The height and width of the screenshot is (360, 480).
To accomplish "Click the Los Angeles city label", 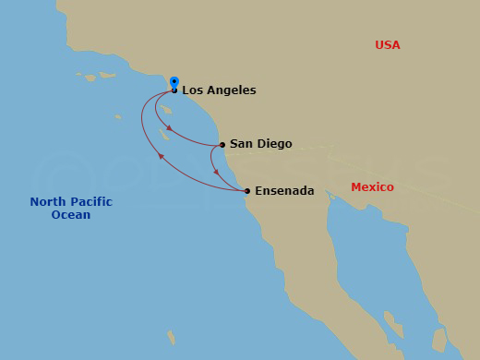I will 219,90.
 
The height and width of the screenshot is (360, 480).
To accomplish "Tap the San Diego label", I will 260,144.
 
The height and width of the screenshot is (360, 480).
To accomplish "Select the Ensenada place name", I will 284,191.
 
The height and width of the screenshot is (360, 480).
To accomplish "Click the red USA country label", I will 388,45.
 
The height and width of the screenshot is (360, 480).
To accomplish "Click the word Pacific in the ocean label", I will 89,202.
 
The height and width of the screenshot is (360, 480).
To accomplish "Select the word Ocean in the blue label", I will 71,215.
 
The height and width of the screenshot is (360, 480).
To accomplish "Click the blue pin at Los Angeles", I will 174,83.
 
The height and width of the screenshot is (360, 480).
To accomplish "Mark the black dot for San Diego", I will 222,145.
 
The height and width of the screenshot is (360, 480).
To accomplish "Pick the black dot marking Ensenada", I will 246,191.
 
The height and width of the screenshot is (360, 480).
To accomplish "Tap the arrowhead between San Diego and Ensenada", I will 215,172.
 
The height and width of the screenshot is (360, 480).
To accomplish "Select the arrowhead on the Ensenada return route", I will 161,157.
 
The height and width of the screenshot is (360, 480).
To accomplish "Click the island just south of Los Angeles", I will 165,108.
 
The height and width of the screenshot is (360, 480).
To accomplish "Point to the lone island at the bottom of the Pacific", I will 170,336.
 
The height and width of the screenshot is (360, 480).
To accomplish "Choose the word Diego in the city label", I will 276,144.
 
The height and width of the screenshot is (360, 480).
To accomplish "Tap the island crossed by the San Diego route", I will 163,134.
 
